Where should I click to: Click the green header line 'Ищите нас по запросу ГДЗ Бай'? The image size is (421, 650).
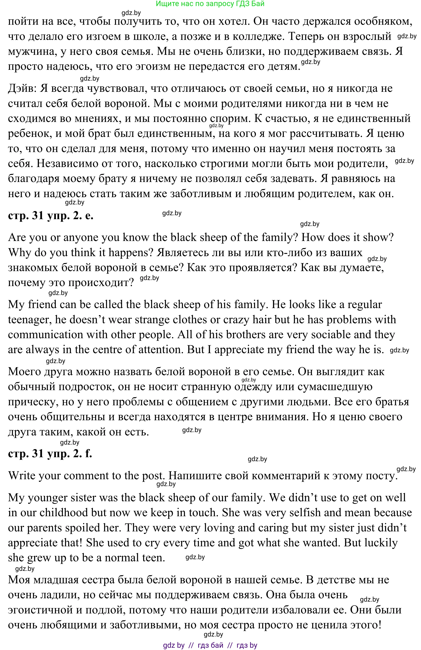pos(210,4)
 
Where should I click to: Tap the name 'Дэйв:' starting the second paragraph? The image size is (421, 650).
pos(22,88)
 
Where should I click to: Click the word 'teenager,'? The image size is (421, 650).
pos(30,320)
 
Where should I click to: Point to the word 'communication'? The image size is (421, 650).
pos(45,335)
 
